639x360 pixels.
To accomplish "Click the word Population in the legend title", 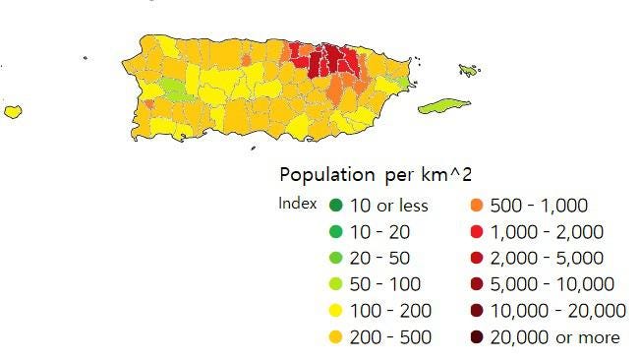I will (324, 175).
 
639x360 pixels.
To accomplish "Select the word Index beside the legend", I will (297, 205).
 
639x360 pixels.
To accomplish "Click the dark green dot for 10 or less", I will (336, 206).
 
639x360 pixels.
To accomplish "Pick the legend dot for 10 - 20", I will (336, 232).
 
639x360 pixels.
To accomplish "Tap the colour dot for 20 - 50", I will (336, 259).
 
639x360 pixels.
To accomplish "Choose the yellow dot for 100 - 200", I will (336, 312).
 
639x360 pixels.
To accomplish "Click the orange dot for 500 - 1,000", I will (477, 206).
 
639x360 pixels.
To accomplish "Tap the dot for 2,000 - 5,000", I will (477, 259).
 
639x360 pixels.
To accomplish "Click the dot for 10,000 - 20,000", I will (477, 312).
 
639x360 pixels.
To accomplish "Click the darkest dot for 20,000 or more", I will (477, 338).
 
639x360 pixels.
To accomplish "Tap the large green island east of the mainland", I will (446, 105).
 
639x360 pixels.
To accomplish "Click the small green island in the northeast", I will (469, 70).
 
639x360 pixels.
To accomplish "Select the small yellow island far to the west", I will (13, 111).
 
